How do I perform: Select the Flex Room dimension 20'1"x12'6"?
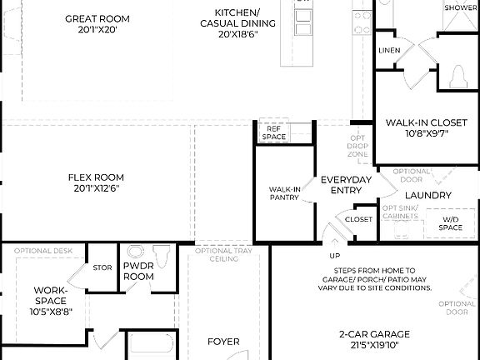[x=96, y=188]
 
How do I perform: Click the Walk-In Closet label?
[x=426, y=122]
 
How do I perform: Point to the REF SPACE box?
[x=273, y=132]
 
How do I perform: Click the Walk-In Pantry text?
[x=284, y=194]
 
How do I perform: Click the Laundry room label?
[x=428, y=195]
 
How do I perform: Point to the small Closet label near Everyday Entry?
[x=358, y=219]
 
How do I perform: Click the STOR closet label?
[x=102, y=268]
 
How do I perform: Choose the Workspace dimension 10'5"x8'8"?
[x=50, y=312]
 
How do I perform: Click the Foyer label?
[x=223, y=342]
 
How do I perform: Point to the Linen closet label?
[x=389, y=51]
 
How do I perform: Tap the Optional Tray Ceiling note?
[x=218, y=255]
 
